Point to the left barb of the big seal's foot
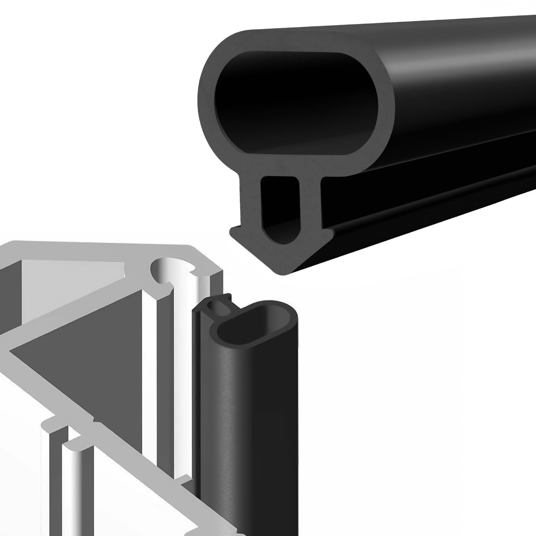(236, 232)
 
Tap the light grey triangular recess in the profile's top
(69, 277)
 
